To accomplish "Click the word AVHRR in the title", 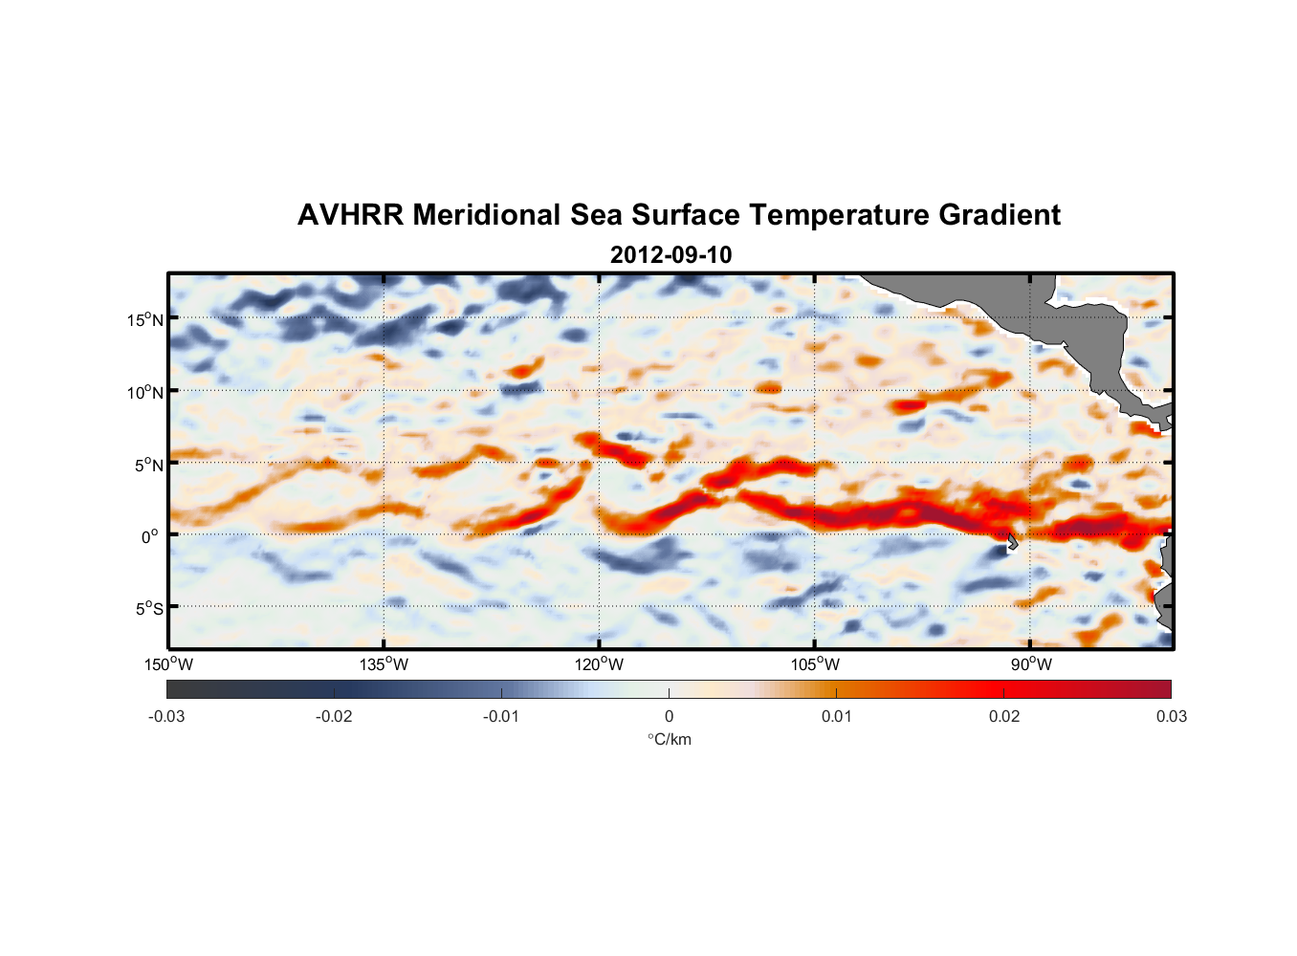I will pos(350,215).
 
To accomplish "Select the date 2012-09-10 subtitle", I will pos(670,255).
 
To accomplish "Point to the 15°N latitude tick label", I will pos(145,319).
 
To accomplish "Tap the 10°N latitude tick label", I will pos(145,392).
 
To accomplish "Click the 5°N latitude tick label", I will pos(148,465).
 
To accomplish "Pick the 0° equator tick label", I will pos(150,536).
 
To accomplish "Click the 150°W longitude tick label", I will pos(168,664).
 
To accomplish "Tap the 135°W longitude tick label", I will pos(385,664).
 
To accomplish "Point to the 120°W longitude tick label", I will pos(600,664).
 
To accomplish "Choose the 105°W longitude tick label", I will pos(815,664).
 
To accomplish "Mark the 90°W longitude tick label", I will pos(1031,664).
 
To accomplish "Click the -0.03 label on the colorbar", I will pos(166,716).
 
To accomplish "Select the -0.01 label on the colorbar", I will pos(501,716).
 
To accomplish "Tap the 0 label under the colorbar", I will pos(669,716).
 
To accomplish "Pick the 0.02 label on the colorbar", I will pos(1004,716).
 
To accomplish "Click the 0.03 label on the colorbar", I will pos(1171,716).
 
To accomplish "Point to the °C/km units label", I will pos(669,739).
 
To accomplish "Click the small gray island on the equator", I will pos(1012,541).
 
